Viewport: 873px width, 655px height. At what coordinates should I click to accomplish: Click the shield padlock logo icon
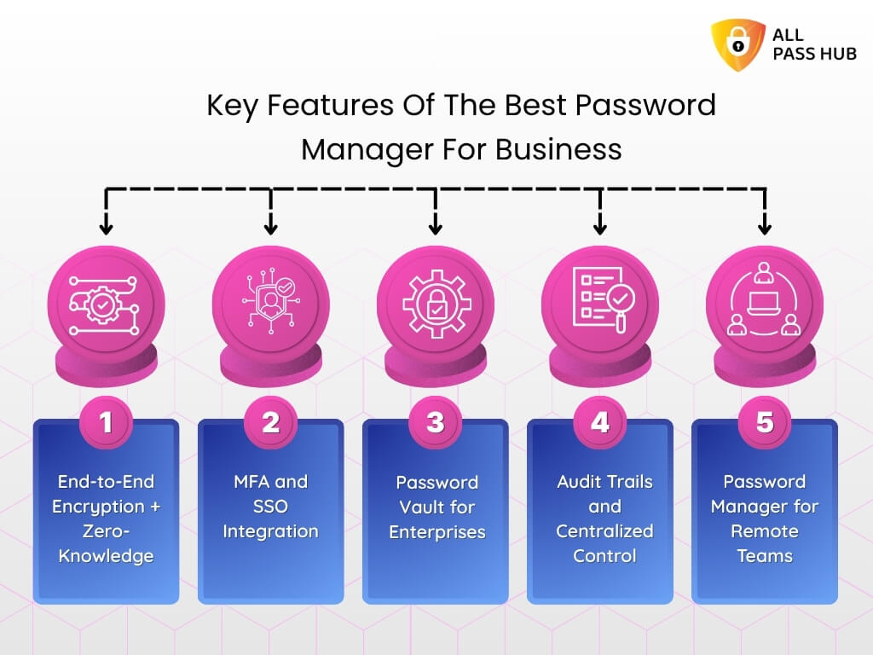coord(738,44)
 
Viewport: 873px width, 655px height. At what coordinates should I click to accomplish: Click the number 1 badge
coord(106,422)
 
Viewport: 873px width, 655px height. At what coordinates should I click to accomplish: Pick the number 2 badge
coord(270,422)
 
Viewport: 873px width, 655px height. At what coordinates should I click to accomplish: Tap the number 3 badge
coord(436,422)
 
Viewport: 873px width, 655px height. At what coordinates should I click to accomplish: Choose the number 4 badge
coord(600,422)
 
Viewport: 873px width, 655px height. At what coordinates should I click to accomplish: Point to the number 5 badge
coord(765,422)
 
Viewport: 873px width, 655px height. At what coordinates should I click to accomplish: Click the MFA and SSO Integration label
coord(270,507)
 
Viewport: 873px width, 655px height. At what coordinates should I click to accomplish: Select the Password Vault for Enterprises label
coord(436,507)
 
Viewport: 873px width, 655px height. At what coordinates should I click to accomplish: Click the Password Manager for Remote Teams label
coord(764,519)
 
